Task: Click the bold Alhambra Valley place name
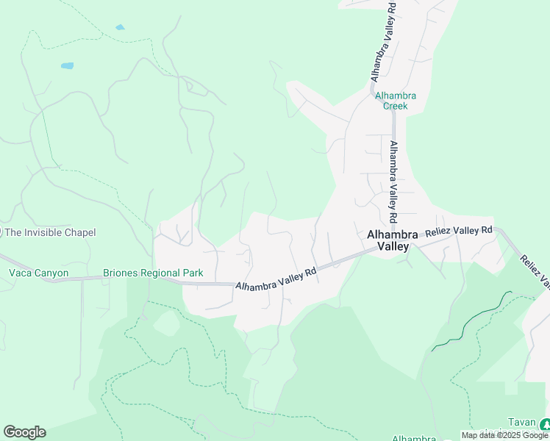[x=392, y=240]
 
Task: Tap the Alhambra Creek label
[x=395, y=101]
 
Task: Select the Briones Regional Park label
[x=153, y=273]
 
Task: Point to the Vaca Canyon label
[x=38, y=273]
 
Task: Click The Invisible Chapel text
[x=50, y=232]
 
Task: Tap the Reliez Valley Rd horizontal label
[x=458, y=231]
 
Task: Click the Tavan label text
[x=521, y=423]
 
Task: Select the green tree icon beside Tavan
[x=545, y=424]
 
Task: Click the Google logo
[x=24, y=432]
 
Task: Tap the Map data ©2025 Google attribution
[x=505, y=435]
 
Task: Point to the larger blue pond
[x=67, y=65]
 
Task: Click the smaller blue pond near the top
[x=120, y=27]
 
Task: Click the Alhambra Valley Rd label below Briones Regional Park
[x=276, y=278]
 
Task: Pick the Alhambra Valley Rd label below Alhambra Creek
[x=393, y=182]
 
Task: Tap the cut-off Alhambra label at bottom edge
[x=414, y=438]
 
